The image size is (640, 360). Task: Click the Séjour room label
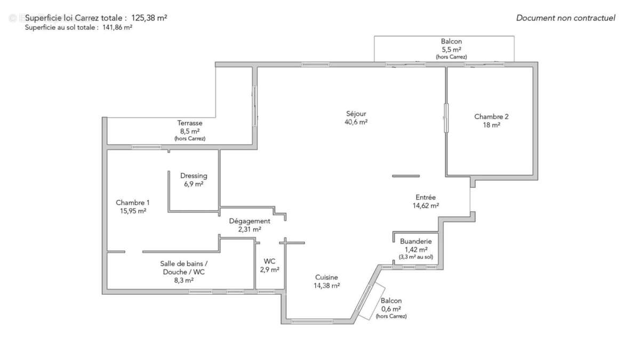pyautogui.click(x=356, y=114)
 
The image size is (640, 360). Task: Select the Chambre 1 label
pyautogui.click(x=133, y=203)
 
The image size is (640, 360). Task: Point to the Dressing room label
pyautogui.click(x=194, y=176)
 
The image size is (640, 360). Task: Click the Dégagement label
pyautogui.click(x=250, y=221)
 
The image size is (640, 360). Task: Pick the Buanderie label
pyautogui.click(x=415, y=242)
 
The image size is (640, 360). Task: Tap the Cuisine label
pyautogui.click(x=326, y=277)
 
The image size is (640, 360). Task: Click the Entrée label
pyautogui.click(x=425, y=197)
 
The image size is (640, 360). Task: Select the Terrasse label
pyautogui.click(x=189, y=123)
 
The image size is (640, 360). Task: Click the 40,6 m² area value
pyautogui.click(x=356, y=122)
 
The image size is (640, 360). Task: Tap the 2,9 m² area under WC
pyautogui.click(x=269, y=270)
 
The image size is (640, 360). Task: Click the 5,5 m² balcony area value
pyautogui.click(x=451, y=49)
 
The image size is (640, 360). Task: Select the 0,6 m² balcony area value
pyautogui.click(x=391, y=309)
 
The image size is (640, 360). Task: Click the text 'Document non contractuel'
pyautogui.click(x=565, y=18)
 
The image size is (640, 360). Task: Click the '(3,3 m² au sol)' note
pyautogui.click(x=415, y=257)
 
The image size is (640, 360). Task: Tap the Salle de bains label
pyautogui.click(x=183, y=263)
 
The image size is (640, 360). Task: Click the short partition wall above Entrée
pyautogui.click(x=406, y=175)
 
